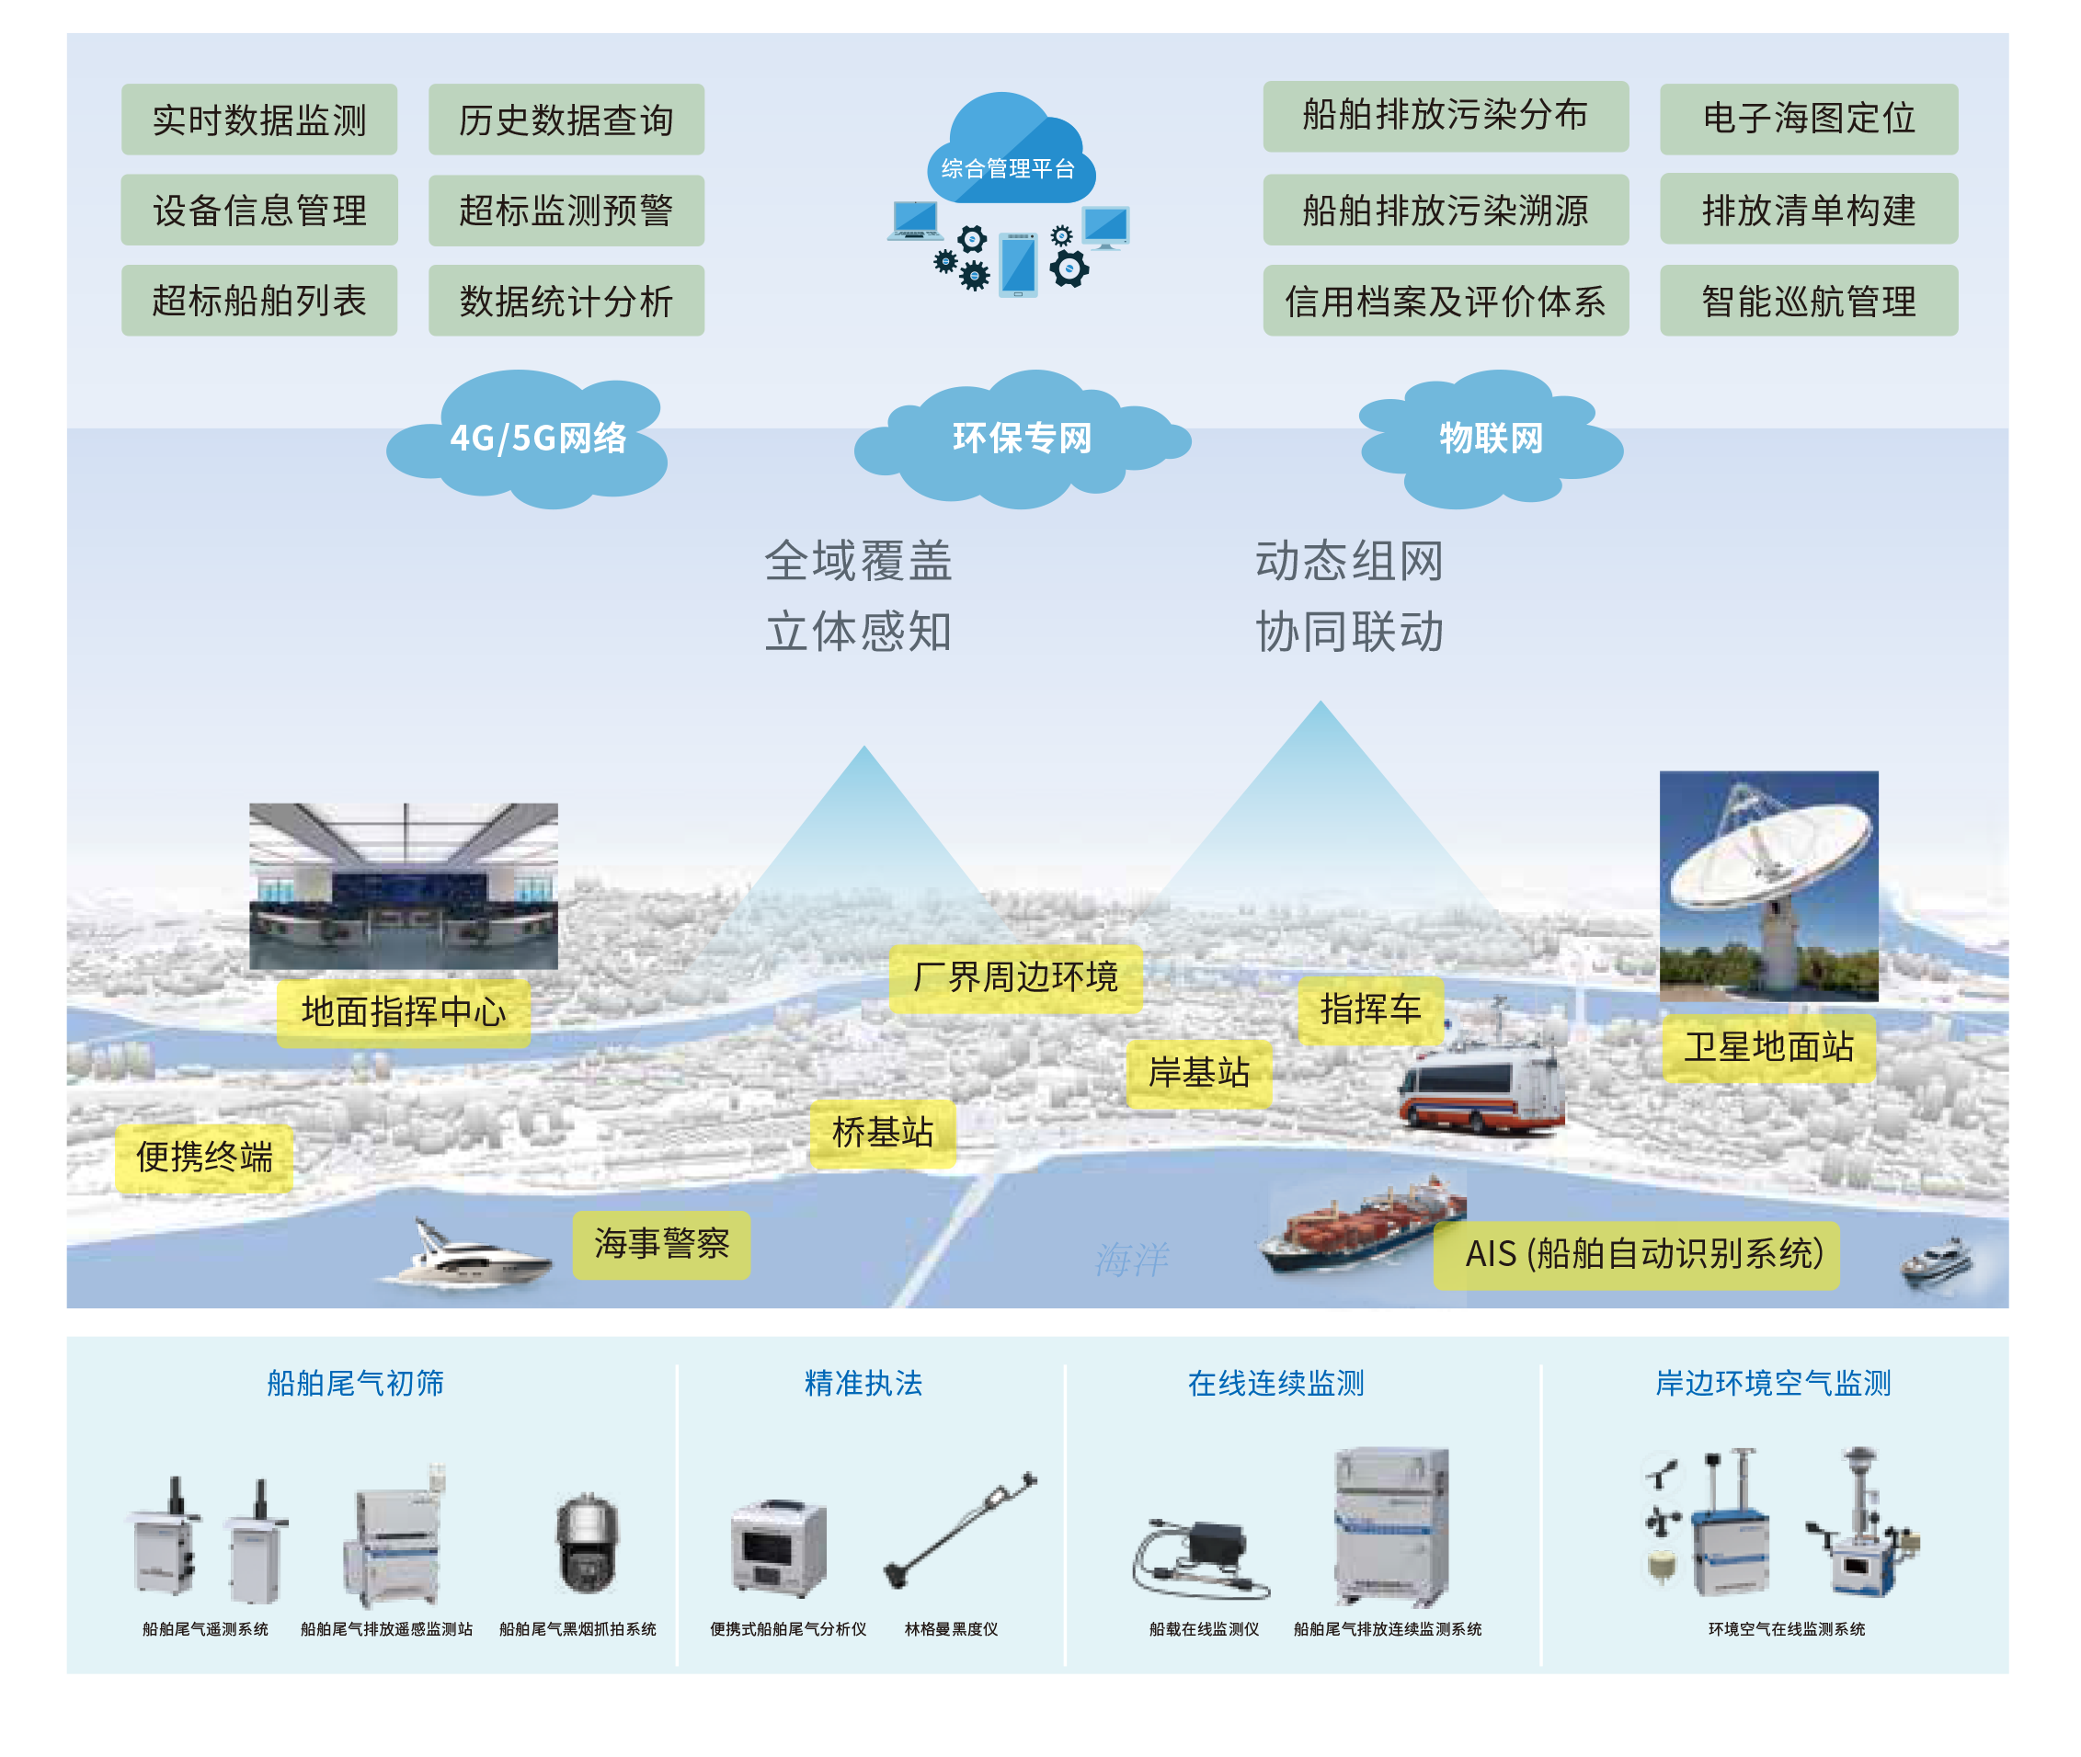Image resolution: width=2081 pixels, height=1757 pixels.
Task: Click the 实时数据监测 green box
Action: [259, 120]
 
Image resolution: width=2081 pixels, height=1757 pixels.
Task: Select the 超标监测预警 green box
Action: [566, 211]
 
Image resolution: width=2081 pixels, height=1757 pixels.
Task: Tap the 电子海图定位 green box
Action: [1808, 119]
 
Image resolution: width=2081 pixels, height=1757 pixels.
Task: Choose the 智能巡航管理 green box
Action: [1808, 301]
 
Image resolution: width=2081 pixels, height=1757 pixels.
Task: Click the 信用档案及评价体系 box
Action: [1445, 301]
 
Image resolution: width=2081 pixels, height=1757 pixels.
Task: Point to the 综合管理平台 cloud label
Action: [1008, 168]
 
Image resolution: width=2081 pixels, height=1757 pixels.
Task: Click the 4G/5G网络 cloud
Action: [537, 439]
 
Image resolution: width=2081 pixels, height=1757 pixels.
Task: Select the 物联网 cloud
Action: [1491, 439]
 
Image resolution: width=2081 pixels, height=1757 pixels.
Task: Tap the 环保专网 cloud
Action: [1022, 439]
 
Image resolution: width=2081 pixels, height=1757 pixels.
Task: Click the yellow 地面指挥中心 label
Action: [404, 1012]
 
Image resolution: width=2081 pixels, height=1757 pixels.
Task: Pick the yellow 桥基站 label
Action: [883, 1133]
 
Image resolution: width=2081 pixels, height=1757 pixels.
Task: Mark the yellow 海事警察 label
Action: [661, 1244]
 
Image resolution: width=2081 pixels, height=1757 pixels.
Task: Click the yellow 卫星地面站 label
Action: [1768, 1048]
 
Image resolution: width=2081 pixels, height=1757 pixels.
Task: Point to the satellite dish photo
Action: [1768, 885]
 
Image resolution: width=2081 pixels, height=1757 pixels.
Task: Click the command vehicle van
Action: [1481, 1090]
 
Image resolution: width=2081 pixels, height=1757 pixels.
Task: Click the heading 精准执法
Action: [863, 1384]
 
